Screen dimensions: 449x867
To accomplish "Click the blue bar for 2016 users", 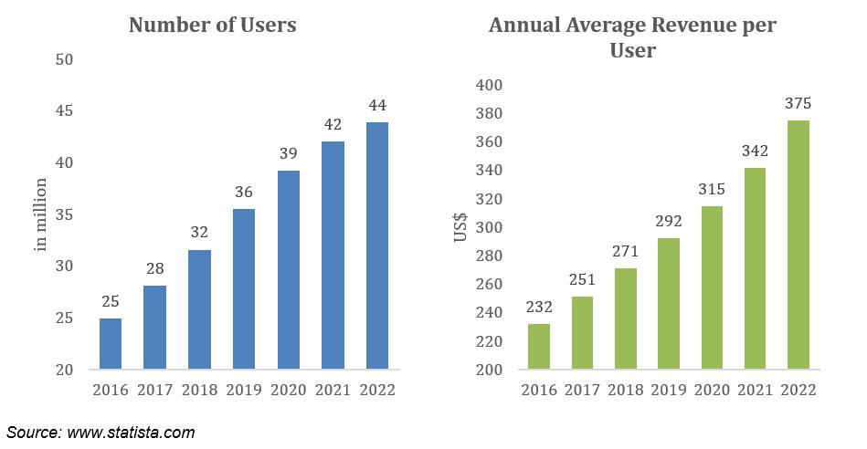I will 111,344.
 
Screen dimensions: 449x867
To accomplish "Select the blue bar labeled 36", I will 244,289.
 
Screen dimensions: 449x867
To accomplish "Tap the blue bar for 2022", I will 377,246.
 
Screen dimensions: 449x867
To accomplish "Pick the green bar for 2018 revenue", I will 626,318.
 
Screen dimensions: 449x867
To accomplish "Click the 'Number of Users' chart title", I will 212,26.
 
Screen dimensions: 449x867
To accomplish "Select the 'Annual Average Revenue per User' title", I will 632,37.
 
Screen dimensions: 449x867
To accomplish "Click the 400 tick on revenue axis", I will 490,85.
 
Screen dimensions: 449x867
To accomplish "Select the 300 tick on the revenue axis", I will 490,227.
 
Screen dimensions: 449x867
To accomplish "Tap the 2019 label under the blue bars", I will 244,390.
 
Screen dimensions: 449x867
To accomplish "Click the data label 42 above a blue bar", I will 333,122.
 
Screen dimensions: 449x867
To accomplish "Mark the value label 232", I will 539,308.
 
